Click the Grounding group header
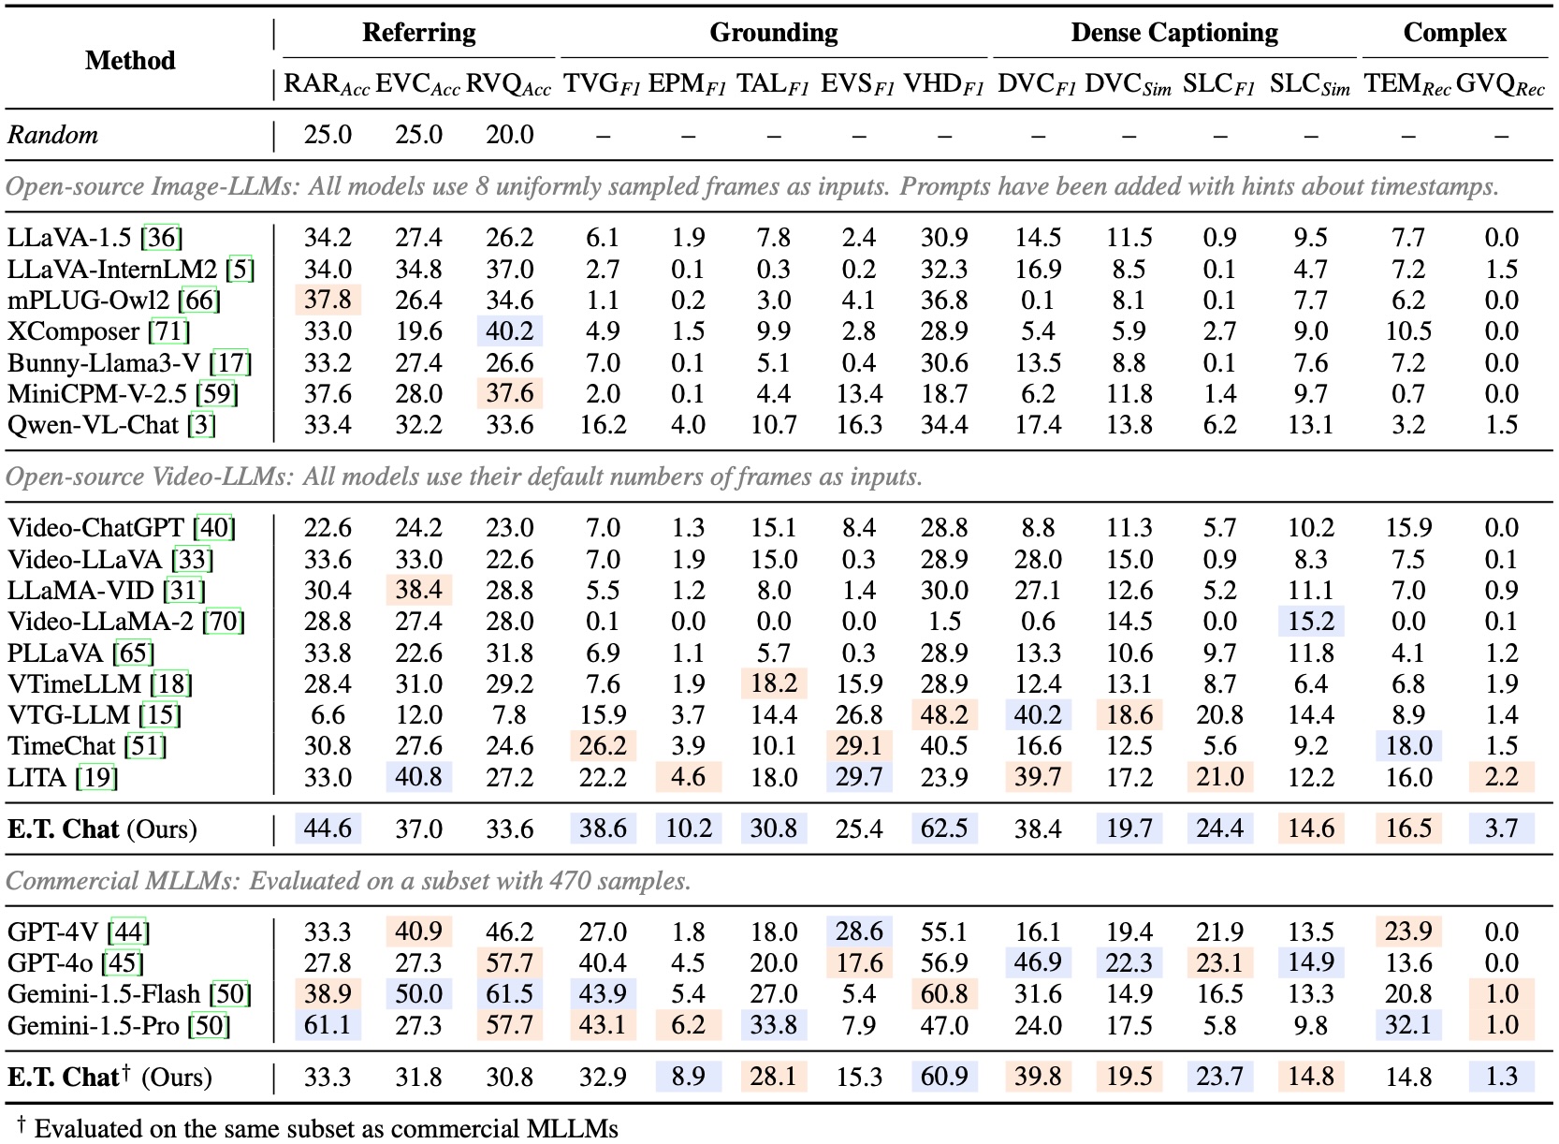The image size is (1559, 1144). [773, 33]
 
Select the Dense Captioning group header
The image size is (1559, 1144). [1174, 33]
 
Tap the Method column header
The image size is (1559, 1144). [130, 61]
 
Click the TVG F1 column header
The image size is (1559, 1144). [602, 84]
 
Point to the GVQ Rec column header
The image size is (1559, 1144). [1500, 84]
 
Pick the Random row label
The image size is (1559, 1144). [53, 135]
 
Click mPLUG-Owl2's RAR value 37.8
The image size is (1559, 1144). [328, 301]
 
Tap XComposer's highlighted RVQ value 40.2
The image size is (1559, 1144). [509, 331]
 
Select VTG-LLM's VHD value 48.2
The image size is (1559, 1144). [944, 715]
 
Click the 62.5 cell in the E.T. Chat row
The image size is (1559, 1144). [944, 829]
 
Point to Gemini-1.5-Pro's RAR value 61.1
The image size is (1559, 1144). [328, 1025]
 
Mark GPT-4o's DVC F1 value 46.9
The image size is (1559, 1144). [1038, 962]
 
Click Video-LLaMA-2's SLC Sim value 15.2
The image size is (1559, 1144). [1310, 621]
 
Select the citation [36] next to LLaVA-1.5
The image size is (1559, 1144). [162, 238]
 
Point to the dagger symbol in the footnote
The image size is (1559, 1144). [22, 1122]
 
